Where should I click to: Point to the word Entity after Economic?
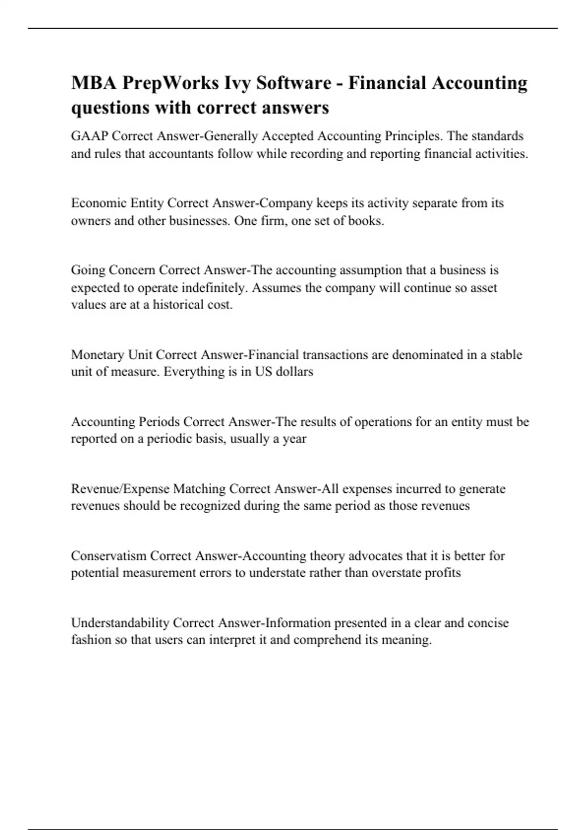(147, 203)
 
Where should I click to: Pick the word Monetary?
(98, 354)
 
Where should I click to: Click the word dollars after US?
(294, 372)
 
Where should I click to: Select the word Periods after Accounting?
(160, 421)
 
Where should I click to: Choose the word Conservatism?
(108, 556)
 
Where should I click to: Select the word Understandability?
(120, 623)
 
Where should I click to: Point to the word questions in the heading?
(110, 107)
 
